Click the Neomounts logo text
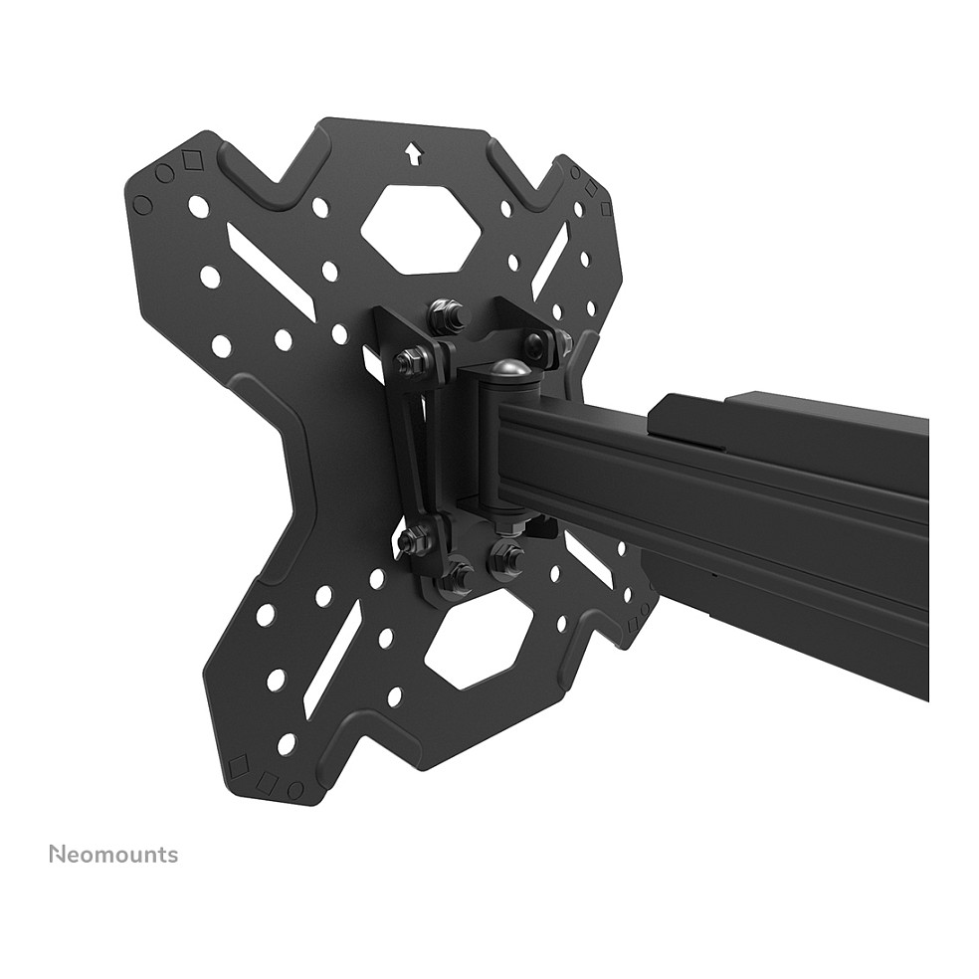[113, 854]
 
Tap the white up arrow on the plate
[412, 153]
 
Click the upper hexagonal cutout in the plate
[423, 229]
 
